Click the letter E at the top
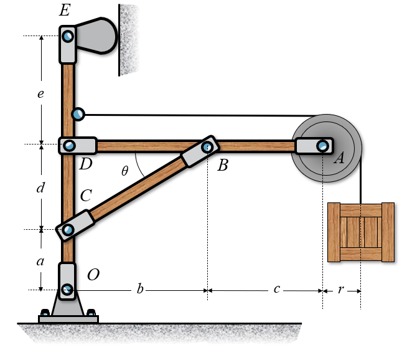[65, 11]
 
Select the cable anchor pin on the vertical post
[78, 114]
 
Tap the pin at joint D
[68, 146]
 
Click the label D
[86, 164]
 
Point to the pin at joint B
[207, 147]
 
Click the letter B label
[223, 165]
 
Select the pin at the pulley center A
[322, 146]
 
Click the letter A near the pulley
[339, 158]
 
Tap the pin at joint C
[68, 230]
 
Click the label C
[86, 196]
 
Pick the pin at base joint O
[67, 289]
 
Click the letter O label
[93, 275]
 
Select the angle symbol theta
[125, 170]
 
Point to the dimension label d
[40, 187]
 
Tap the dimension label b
[140, 290]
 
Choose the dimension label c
[276, 290]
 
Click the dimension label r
[342, 290]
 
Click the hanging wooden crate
[361, 232]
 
